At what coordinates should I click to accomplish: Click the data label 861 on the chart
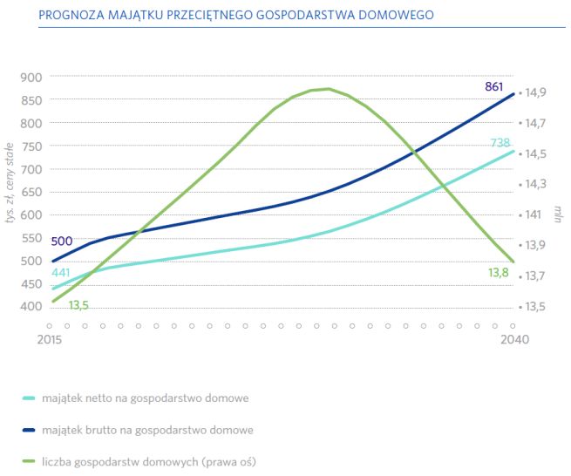pyautogui.click(x=493, y=86)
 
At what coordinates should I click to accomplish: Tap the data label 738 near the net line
pyautogui.click(x=500, y=142)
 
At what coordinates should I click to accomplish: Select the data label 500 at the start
pyautogui.click(x=62, y=241)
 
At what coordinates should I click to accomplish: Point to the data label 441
pyautogui.click(x=61, y=274)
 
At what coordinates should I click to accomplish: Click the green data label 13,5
pyautogui.click(x=78, y=304)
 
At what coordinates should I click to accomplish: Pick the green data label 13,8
pyautogui.click(x=498, y=273)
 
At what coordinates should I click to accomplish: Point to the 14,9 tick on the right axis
pyautogui.click(x=536, y=92)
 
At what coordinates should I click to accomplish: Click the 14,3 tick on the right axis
pyautogui.click(x=536, y=184)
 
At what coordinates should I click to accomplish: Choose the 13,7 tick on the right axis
pyautogui.click(x=536, y=275)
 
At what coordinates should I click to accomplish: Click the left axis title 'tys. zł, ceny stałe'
pyautogui.click(x=12, y=183)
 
